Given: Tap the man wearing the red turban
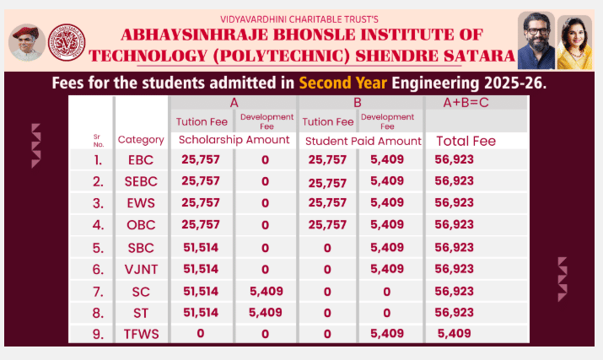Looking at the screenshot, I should [x=27, y=42].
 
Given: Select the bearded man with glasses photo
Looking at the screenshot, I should [x=535, y=40].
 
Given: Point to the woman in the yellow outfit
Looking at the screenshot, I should [x=574, y=42].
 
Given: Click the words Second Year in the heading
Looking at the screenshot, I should [x=342, y=84].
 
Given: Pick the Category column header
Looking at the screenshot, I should [x=141, y=140].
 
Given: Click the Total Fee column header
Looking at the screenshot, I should [x=466, y=141].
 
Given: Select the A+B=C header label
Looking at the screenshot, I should [x=468, y=103].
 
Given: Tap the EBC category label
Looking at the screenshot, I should [x=141, y=159].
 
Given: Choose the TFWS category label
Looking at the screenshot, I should [x=141, y=334].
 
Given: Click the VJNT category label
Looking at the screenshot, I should [x=141, y=269].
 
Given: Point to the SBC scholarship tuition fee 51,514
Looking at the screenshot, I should [x=201, y=247].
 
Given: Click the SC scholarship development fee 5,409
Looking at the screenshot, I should [x=265, y=291].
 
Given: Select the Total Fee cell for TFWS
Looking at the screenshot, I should [x=455, y=334].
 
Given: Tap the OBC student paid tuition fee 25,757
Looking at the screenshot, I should [x=327, y=224].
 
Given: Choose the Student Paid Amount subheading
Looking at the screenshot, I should [x=363, y=140].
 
